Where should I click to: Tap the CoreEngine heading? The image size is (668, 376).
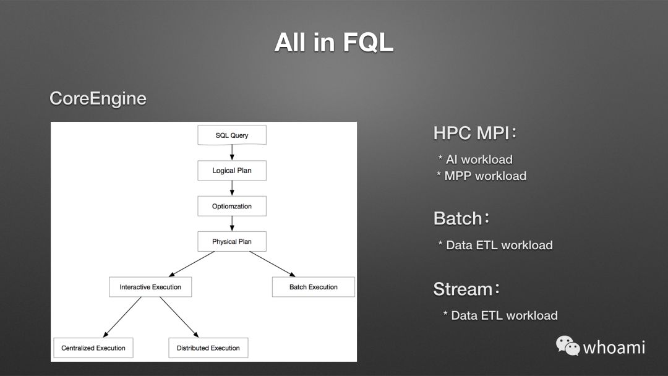coord(98,98)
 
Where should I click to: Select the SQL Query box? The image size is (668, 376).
coord(232,135)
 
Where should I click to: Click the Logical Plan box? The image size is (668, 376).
coord(232,171)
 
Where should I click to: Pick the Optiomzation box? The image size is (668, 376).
coord(232,207)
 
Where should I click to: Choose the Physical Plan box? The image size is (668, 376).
coord(232,241)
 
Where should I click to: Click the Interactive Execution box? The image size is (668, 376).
coord(150,287)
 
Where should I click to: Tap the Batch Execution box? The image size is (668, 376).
coord(314,287)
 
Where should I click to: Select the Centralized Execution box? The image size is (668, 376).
coord(93,348)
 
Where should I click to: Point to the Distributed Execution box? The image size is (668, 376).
coord(208,348)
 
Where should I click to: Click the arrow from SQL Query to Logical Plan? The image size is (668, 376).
coord(232,153)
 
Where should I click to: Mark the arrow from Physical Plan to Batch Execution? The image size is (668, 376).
coord(272,264)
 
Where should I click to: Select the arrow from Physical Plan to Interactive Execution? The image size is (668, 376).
coord(192,264)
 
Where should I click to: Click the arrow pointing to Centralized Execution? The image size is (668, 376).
coord(122,317)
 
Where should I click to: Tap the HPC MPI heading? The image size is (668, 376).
coord(474,133)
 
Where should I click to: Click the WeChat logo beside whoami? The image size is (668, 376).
coord(567,346)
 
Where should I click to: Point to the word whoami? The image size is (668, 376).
coord(614,348)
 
